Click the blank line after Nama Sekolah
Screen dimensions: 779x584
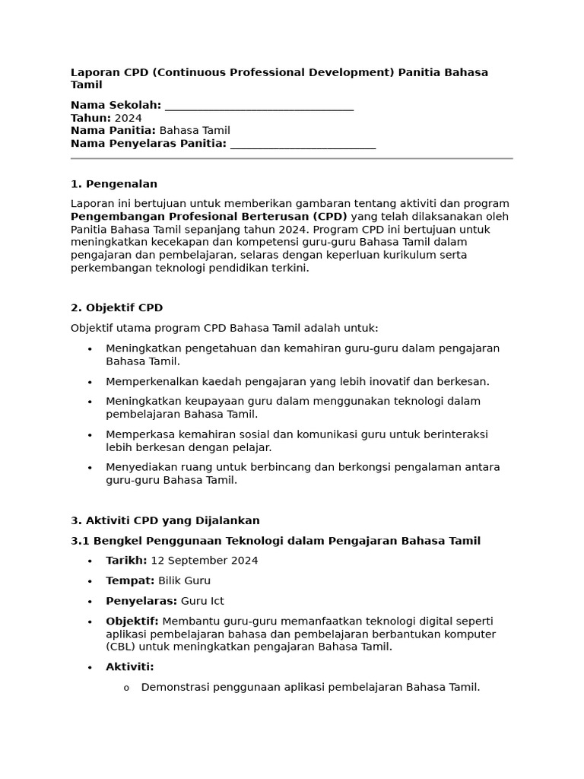click(259, 107)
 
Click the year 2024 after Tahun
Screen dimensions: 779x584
click(128, 118)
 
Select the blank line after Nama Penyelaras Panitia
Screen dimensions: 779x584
click(302, 145)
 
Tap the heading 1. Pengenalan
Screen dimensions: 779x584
click(113, 183)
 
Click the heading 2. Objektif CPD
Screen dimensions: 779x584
click(116, 307)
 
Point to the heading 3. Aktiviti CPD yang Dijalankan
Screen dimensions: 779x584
click(165, 520)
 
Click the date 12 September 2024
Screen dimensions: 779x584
click(204, 561)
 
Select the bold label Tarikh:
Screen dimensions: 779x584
click(126, 561)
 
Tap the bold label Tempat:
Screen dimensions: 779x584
click(130, 580)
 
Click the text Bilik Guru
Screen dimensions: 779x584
click(184, 580)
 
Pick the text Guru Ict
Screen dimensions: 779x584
click(202, 601)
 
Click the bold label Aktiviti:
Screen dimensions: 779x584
click(130, 667)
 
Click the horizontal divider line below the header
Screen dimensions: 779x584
click(291, 158)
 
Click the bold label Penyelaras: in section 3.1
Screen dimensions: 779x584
click(141, 601)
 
